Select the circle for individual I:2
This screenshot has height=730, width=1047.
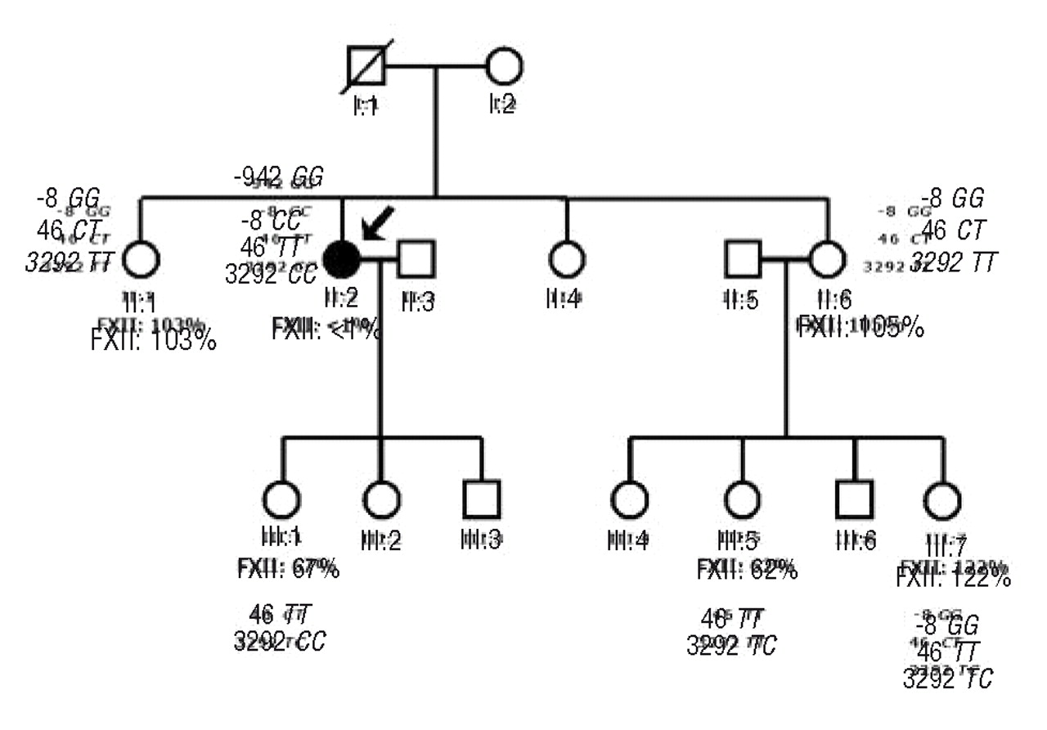pos(504,67)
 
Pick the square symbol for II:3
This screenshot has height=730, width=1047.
pos(416,259)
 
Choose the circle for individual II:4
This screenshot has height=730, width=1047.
pos(567,259)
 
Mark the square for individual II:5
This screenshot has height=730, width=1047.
pos(743,259)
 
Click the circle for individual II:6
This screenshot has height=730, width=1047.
pos(828,259)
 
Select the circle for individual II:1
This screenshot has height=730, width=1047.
pos(142,259)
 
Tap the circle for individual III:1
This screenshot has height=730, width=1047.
pos(281,499)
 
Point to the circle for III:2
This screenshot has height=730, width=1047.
pos(381,499)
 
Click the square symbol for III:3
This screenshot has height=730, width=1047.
pos(481,499)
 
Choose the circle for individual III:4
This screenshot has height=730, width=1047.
pos(630,499)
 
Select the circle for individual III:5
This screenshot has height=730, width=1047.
pos(742,499)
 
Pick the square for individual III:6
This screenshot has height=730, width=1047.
pos(855,498)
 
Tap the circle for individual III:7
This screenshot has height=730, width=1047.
pos(941,499)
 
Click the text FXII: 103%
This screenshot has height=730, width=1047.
pos(154,340)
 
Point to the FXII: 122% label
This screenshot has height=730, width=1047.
pos(954,578)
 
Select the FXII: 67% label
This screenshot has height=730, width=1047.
pos(288,569)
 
